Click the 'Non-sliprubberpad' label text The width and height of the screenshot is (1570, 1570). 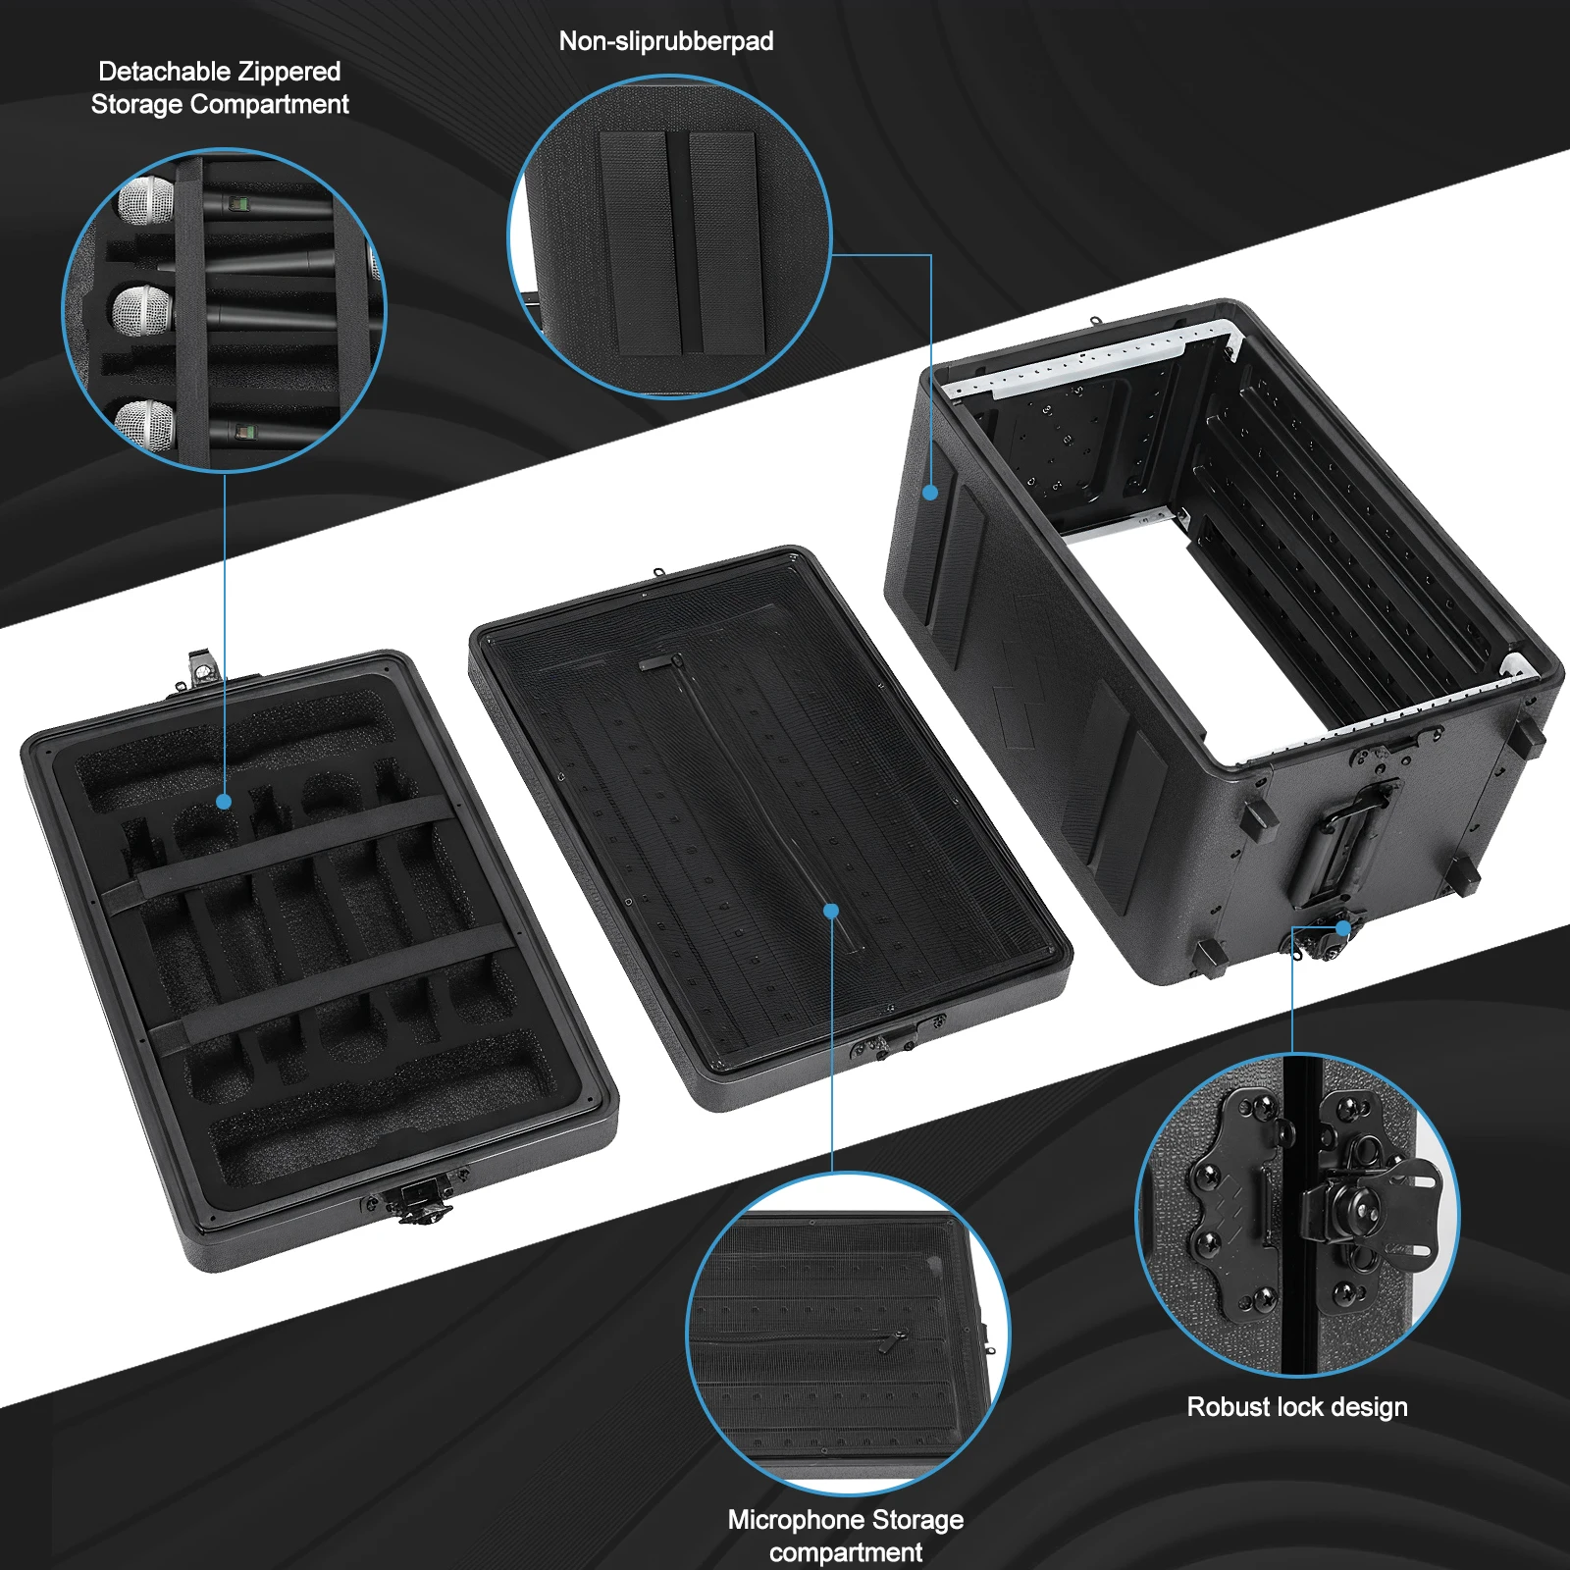click(666, 41)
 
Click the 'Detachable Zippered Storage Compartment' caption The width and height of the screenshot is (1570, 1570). click(219, 87)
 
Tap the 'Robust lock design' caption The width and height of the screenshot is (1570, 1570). click(1296, 1407)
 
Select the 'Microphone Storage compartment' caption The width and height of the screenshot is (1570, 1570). click(845, 1536)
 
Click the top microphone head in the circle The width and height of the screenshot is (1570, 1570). click(145, 201)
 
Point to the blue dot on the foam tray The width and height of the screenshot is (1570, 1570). click(224, 802)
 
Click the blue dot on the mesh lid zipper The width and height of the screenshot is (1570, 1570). click(831, 911)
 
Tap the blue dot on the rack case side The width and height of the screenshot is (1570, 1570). click(930, 493)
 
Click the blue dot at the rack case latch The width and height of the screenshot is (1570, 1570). click(1342, 928)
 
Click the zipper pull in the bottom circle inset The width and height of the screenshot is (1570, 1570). click(896, 1341)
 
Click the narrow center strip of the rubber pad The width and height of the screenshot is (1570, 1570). click(684, 242)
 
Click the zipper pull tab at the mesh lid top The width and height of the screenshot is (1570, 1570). click(658, 663)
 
